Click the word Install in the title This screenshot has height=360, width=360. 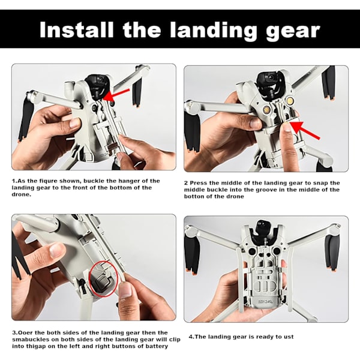click(x=76, y=30)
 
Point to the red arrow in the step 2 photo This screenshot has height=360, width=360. click(x=305, y=130)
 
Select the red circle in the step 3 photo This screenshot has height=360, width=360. click(x=104, y=279)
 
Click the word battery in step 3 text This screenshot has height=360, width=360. click(x=157, y=346)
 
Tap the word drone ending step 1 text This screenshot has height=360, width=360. click(x=22, y=194)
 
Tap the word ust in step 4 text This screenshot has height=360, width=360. click(x=289, y=337)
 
